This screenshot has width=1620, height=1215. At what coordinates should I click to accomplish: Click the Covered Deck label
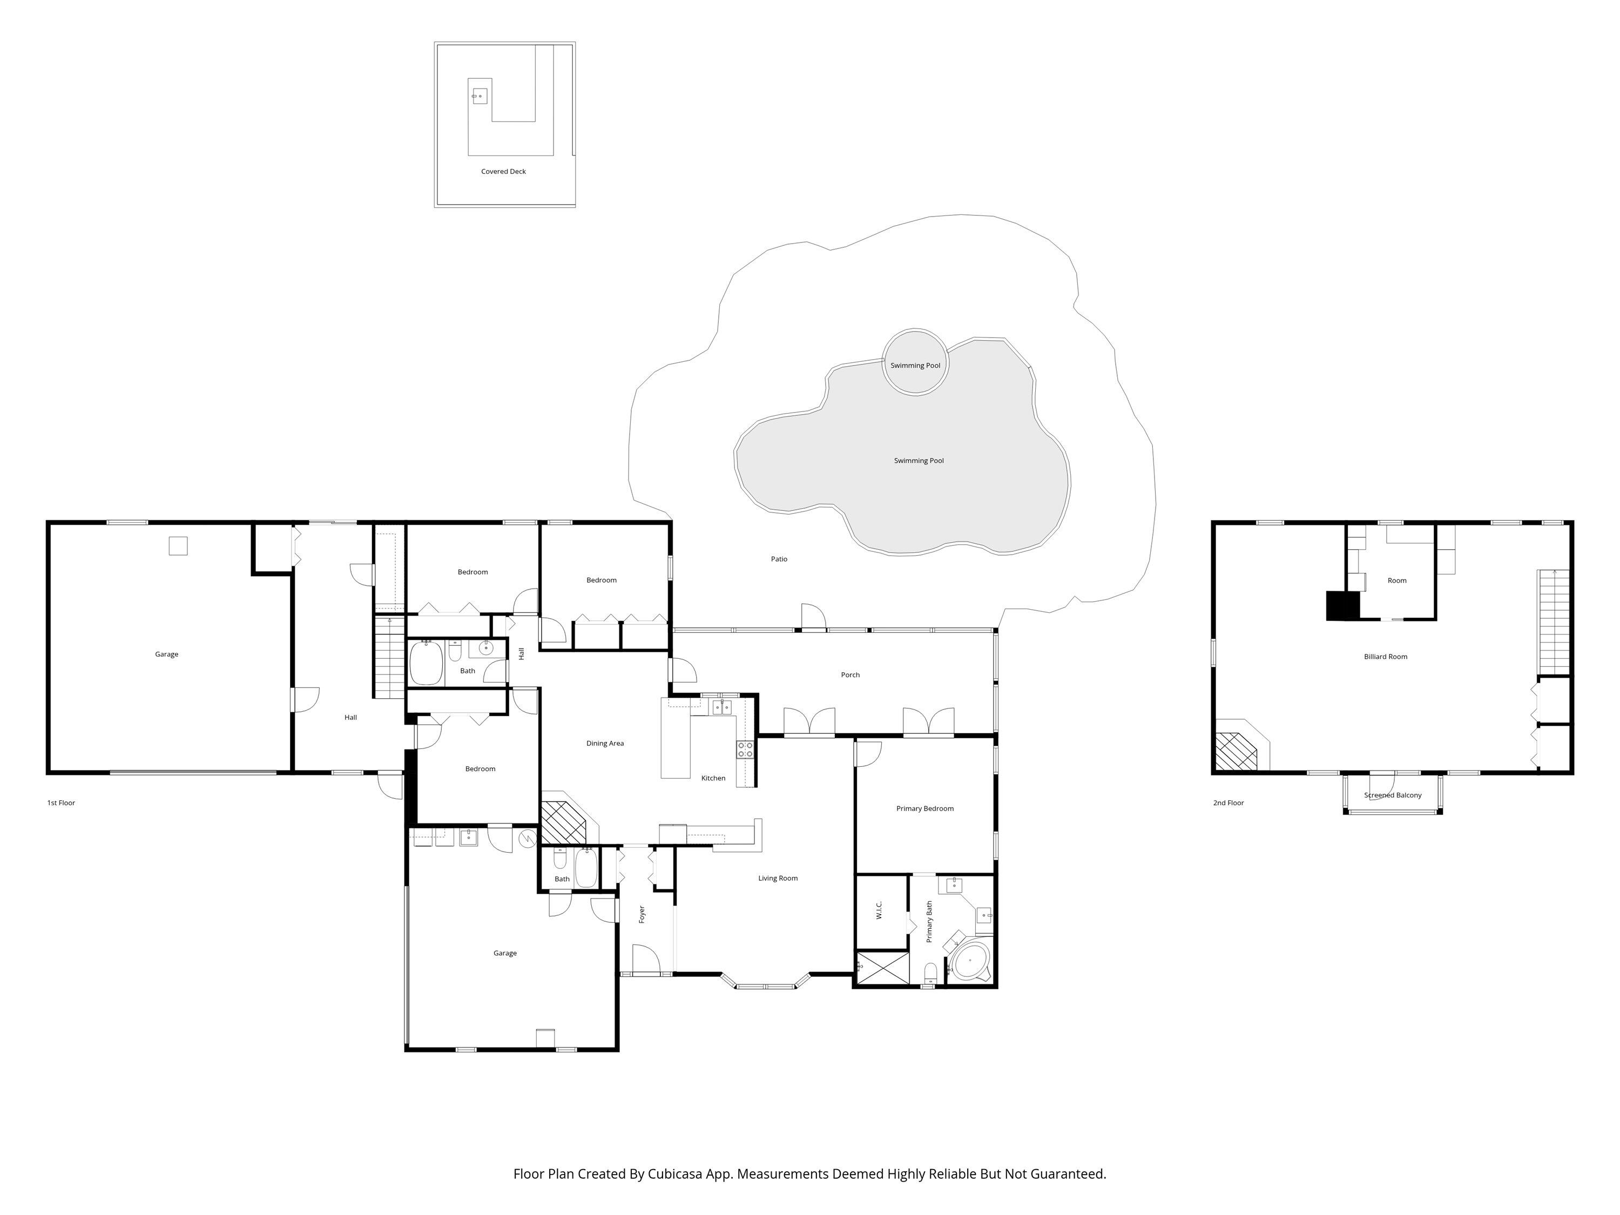coord(503,171)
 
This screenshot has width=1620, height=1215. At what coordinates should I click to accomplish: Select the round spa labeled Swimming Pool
coord(915,362)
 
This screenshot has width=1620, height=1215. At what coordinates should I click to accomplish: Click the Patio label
coord(779,559)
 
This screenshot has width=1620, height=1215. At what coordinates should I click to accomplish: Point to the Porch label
coord(849,674)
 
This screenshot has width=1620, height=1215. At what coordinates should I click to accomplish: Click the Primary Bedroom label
coord(924,808)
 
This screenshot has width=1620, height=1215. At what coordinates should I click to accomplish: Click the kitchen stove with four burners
coord(745,749)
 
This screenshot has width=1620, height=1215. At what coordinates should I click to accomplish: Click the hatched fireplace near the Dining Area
coord(563,822)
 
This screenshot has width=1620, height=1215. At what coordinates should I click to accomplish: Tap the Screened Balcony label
coord(1392,795)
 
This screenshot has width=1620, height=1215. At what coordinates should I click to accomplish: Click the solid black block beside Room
coord(1342,606)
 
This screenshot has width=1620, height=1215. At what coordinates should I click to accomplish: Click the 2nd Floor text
coord(1228,802)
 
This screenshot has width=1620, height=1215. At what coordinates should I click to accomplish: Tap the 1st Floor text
coord(61,802)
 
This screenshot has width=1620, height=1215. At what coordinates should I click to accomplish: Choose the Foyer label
coord(642,914)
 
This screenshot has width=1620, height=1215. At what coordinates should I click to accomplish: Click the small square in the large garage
coord(178,545)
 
